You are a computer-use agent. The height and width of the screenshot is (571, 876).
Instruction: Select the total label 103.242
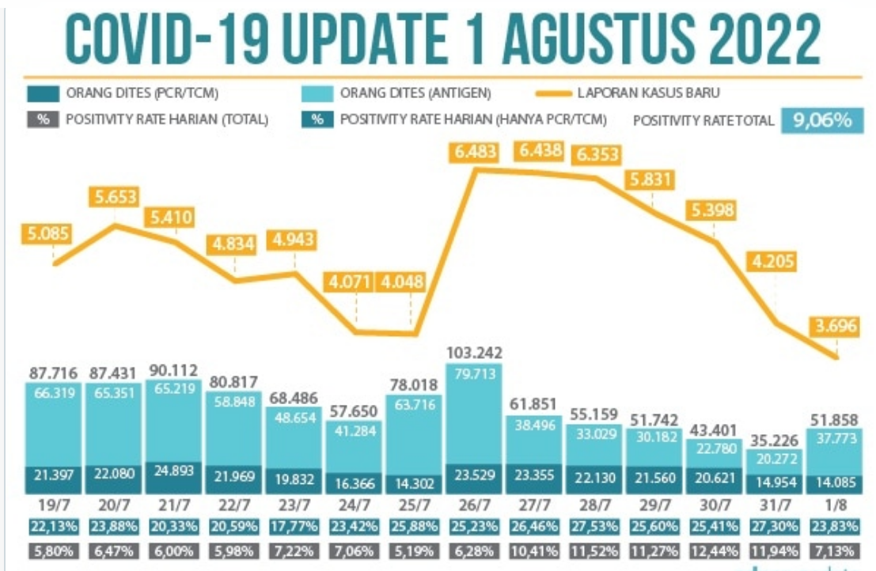[x=474, y=352]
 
